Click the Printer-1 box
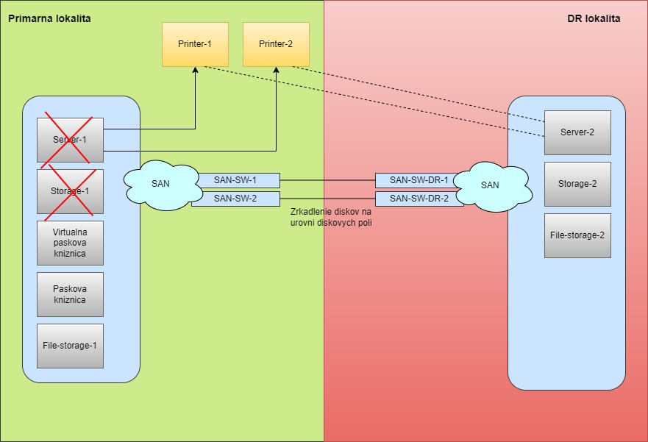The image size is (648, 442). point(195,44)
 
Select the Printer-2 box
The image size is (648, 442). point(276,44)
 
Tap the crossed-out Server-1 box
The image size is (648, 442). point(70,140)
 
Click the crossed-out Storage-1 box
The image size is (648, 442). point(70,191)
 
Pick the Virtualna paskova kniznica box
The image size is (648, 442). point(70,243)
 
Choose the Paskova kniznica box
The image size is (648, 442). point(70,294)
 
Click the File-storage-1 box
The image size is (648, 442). point(70,346)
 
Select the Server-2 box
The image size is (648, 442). point(577,132)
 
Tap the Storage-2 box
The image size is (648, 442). point(577,184)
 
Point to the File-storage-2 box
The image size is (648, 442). point(577,235)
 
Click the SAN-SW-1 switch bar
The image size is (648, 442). point(235,180)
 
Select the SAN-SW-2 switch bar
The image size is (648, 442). point(235,199)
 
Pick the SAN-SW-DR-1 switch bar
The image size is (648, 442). point(419,180)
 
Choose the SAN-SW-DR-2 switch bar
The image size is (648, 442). point(419,199)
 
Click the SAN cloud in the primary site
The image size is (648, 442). point(160,185)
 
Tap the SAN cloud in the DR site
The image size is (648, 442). point(489,185)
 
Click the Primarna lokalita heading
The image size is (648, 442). point(49,18)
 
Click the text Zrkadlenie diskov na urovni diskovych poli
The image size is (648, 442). point(331,217)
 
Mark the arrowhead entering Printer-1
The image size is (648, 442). point(195,70)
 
